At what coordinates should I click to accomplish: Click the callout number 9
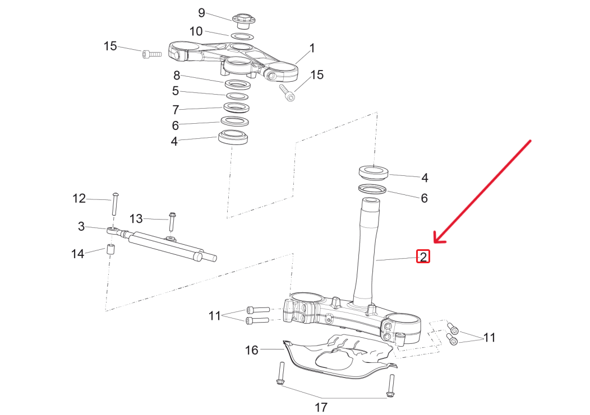(202, 12)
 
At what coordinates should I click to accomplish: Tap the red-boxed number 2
(423, 257)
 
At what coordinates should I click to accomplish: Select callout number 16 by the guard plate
(252, 350)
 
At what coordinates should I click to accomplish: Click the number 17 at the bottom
(321, 407)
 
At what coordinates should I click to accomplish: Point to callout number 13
(137, 218)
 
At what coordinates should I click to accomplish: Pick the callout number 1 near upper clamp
(312, 48)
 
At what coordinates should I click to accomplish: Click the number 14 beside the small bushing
(77, 254)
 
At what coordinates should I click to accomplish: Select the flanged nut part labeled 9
(242, 19)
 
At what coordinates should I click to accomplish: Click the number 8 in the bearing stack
(176, 75)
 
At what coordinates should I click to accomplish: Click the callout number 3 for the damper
(81, 226)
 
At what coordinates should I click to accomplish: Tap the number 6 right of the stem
(424, 198)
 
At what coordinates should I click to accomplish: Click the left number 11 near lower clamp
(215, 316)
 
